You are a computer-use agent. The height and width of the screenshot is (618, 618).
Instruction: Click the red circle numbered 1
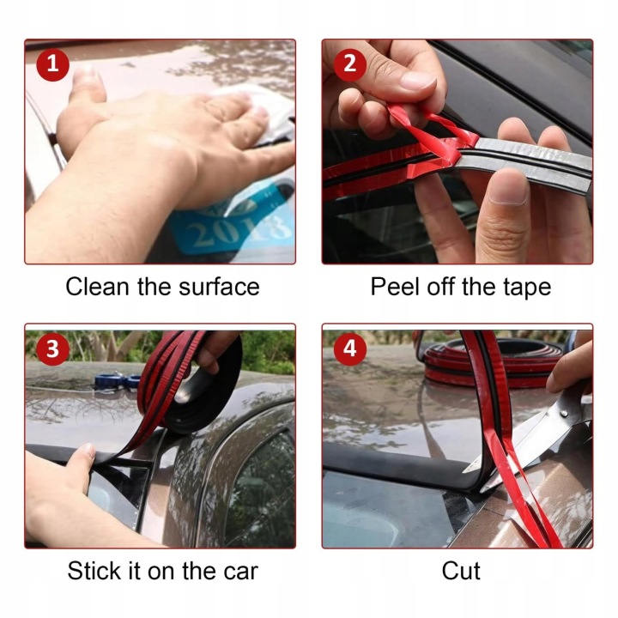[x=53, y=65]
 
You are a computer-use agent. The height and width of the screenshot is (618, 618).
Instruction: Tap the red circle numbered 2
[x=350, y=65]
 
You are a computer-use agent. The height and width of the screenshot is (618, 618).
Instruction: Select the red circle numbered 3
[x=53, y=349]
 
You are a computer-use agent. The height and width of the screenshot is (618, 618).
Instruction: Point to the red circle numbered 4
[x=350, y=349]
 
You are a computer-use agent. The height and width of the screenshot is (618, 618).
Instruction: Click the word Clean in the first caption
[x=98, y=287]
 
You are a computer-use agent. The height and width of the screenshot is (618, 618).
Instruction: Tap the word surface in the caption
[x=219, y=287]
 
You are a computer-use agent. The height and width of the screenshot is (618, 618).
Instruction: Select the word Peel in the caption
[x=395, y=287]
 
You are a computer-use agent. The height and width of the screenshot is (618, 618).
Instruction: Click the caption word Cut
[x=461, y=571]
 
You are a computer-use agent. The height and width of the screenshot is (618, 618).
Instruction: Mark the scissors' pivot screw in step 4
[x=564, y=415]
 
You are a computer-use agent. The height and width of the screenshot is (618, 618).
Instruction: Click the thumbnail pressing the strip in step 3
[x=87, y=451]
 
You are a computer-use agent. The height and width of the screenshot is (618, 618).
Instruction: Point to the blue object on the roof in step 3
[x=118, y=381]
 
